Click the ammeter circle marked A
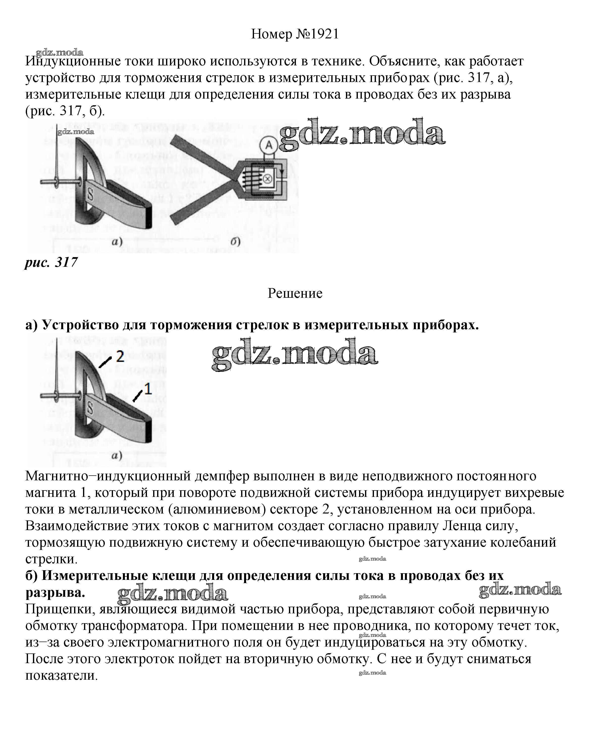(269, 145)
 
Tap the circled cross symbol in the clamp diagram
(267, 178)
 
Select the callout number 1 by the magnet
(148, 389)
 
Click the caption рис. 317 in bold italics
(51, 262)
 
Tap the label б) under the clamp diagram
(235, 242)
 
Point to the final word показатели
(62, 675)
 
